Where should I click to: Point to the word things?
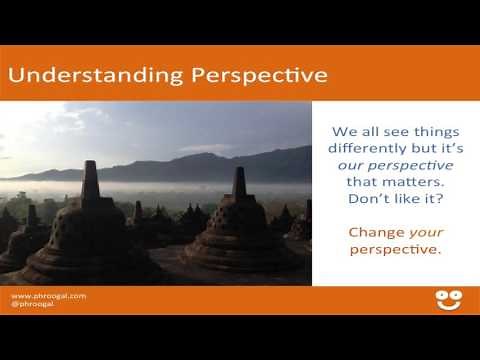426,129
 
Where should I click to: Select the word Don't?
366,200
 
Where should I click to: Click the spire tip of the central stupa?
239,173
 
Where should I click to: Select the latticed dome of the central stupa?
238,225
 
